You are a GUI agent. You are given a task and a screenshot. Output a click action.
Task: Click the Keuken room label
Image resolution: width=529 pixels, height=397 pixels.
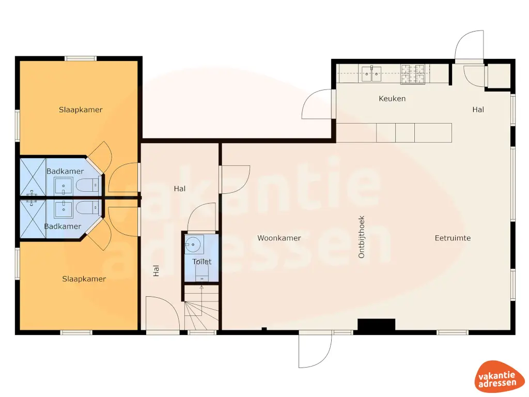[392, 98]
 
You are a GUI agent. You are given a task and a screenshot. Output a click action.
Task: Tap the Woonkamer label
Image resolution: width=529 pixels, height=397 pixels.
[279, 238]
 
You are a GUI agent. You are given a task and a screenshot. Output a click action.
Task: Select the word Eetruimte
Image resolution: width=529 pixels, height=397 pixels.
[453, 238]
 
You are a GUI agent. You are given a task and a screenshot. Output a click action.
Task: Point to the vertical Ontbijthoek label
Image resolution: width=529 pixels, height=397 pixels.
[362, 237]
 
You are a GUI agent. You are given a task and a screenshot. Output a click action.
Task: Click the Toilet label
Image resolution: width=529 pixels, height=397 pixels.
[202, 262]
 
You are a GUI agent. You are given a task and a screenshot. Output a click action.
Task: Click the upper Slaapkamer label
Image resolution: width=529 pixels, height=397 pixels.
[81, 110]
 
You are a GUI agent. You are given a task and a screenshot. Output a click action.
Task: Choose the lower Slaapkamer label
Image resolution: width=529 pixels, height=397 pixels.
[84, 279]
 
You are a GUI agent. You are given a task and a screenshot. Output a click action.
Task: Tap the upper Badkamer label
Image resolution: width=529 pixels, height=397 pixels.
[65, 171]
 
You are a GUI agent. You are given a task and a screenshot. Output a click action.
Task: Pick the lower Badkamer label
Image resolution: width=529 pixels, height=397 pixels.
[63, 226]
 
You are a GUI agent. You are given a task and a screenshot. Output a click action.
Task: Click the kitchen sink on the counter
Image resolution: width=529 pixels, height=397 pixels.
[371, 74]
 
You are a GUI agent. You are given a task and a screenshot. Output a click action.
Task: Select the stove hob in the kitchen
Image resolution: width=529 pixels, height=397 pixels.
[413, 74]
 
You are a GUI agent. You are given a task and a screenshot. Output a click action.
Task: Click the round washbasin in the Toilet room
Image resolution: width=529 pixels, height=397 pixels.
[194, 242]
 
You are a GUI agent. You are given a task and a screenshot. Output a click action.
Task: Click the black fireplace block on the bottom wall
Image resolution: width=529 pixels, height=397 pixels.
[376, 325]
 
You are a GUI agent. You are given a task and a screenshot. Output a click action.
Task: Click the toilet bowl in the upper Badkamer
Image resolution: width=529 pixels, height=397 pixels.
[87, 184]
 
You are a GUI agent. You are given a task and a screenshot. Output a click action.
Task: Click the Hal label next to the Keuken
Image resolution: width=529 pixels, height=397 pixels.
[478, 110]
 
